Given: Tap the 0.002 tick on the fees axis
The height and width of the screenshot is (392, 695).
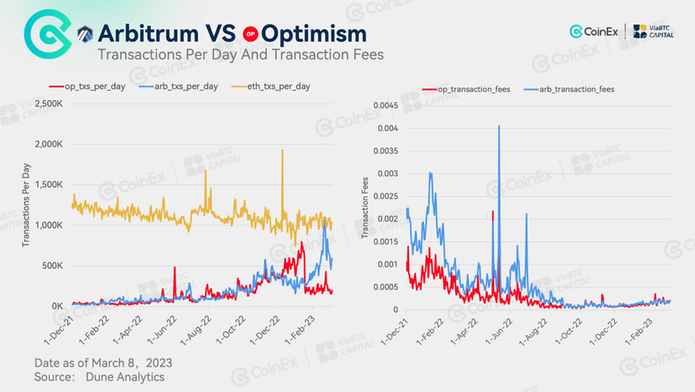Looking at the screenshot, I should tap(392, 219).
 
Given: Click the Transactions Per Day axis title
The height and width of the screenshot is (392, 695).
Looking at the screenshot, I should tap(26, 204).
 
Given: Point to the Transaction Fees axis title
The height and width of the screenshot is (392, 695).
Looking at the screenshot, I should tap(365, 207).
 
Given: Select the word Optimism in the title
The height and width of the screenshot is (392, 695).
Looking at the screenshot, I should tap(314, 33).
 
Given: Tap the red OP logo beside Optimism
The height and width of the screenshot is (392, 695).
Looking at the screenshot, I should tap(251, 34).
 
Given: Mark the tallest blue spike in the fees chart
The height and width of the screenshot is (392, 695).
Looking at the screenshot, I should tap(499, 126).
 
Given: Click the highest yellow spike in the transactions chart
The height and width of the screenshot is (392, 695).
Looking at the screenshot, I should tap(282, 150).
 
